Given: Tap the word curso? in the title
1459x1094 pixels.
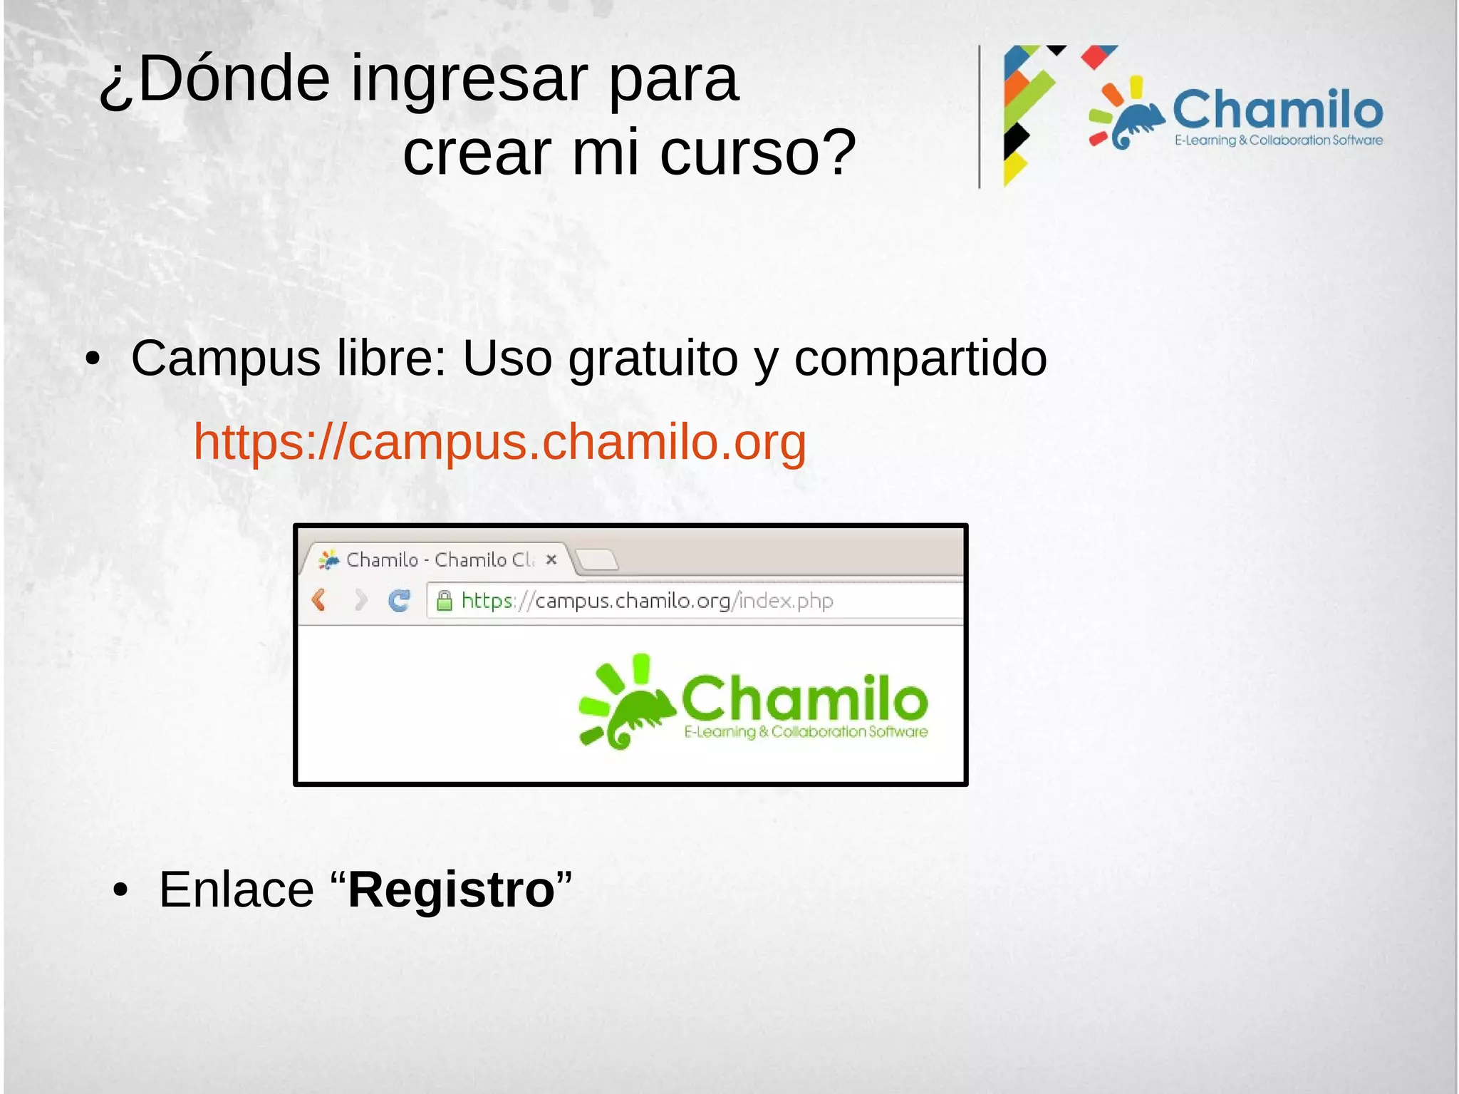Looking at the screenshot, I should coord(757,153).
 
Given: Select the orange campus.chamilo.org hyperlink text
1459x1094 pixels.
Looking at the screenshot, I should coord(499,443).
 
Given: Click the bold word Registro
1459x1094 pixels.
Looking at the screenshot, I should coord(452,890).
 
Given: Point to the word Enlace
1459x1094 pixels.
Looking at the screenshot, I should coord(236,890).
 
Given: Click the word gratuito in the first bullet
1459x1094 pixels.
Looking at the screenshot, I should coord(653,358).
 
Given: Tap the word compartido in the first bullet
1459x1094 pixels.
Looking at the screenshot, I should coord(920,358).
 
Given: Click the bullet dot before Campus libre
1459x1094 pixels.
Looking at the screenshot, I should coord(92,359).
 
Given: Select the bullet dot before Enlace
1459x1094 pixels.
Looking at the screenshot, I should coord(120,891).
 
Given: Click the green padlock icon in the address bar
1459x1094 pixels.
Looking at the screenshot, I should coord(444,602).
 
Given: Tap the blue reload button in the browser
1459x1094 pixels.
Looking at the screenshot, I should coord(399,601).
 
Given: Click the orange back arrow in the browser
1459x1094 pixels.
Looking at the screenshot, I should coord(319,600).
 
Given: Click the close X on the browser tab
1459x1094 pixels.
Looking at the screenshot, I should coord(551,560).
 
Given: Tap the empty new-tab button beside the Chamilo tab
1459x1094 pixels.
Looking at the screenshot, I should coord(597,560).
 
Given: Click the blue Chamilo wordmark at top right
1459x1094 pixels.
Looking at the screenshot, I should coord(1277,110).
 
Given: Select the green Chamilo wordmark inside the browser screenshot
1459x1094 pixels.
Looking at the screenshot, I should coord(804,698).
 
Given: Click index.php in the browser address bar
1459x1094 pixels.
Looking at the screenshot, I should coord(786,602).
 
